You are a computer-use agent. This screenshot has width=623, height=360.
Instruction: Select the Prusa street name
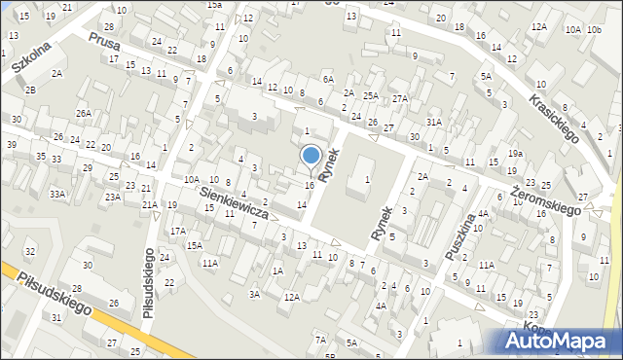(x=102, y=44)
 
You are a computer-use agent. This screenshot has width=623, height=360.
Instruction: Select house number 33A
(x=58, y=195)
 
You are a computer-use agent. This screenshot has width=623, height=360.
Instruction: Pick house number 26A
(x=85, y=114)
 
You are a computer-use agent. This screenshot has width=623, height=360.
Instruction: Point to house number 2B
(x=30, y=90)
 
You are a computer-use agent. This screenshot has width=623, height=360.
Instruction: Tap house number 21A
(x=150, y=204)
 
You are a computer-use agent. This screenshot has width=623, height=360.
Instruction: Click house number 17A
(x=177, y=232)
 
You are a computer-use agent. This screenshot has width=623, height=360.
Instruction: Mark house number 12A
(x=291, y=296)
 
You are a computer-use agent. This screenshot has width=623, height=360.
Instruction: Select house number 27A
(x=400, y=99)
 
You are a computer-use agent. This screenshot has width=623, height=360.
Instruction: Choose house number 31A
(x=434, y=122)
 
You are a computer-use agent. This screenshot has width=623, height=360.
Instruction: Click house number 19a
(x=515, y=154)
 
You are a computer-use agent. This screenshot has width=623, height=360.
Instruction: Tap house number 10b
(x=594, y=30)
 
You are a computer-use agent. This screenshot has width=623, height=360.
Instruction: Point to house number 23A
(x=113, y=198)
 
